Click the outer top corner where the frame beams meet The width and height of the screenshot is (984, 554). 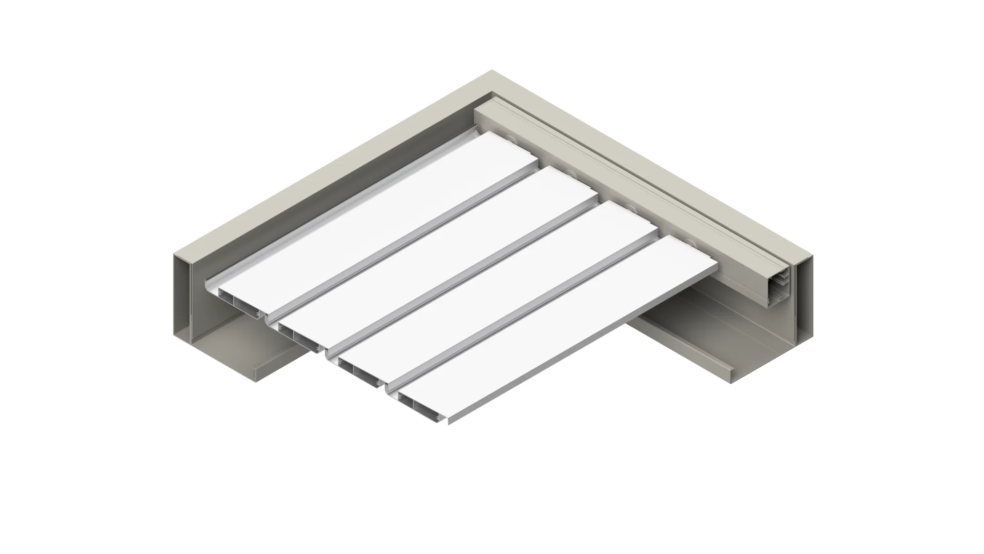pyautogui.click(x=492, y=71)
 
